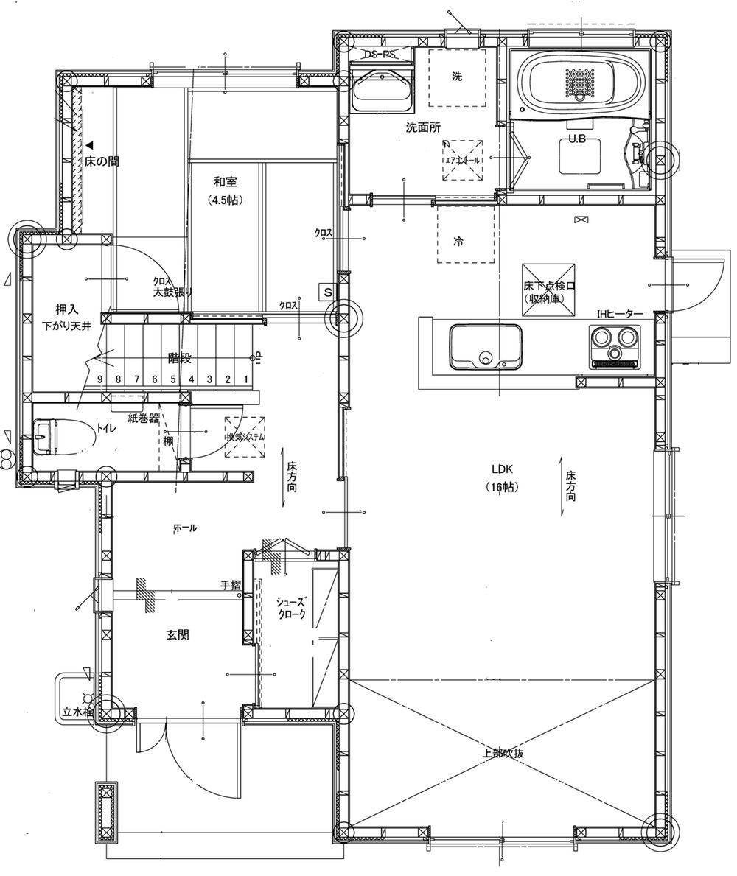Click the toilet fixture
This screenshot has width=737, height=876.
click(63, 437)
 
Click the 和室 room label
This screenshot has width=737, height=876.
click(226, 182)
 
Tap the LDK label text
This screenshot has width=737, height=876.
click(503, 469)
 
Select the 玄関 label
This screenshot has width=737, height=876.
click(177, 634)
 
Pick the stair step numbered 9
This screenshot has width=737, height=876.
click(99, 380)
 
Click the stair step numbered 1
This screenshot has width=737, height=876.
click(245, 380)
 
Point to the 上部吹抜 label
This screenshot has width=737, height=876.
click(503, 754)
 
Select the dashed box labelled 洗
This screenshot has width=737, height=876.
click(458, 77)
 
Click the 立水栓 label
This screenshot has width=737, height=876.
click(77, 712)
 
